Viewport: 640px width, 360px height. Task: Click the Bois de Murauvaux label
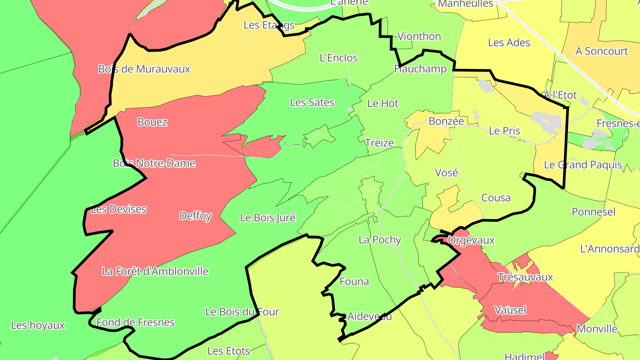[x=144, y=69]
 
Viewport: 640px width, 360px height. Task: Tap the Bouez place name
[x=152, y=122]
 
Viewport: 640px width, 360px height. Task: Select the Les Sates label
[x=312, y=102]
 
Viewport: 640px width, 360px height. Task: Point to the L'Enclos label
[x=339, y=58]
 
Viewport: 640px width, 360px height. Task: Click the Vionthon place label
[x=419, y=36]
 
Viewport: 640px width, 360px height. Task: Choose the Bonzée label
[x=446, y=121]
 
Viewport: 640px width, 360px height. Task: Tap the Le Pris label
[x=504, y=131]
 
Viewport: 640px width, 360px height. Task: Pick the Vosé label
[x=446, y=172]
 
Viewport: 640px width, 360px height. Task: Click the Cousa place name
[x=496, y=198]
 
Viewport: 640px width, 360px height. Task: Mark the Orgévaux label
[x=471, y=240]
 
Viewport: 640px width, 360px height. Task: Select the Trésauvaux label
[x=525, y=277]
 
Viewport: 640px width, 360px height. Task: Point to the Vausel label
[x=510, y=310]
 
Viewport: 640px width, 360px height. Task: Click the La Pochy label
[x=380, y=240]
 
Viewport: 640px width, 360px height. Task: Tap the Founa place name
[x=354, y=281]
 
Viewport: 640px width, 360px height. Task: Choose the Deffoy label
[x=195, y=216]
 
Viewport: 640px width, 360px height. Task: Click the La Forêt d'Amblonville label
[x=155, y=271]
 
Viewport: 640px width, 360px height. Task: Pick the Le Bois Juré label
[x=268, y=218]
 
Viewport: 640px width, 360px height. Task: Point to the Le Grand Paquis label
[x=583, y=165]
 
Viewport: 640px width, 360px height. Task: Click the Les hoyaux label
[x=38, y=325]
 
